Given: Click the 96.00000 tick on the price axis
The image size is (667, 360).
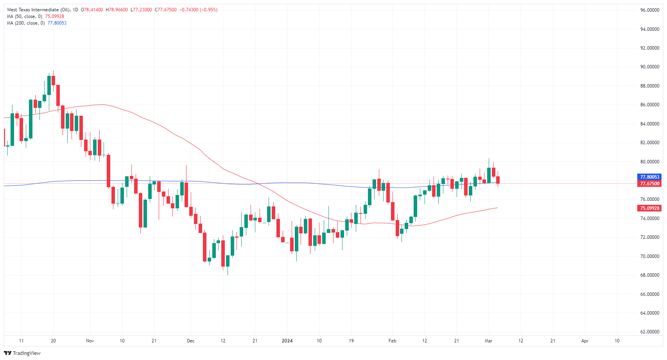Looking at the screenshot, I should [x=649, y=10].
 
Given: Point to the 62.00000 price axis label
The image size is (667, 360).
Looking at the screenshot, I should [x=649, y=332].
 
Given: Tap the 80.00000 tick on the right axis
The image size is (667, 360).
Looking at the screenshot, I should [x=649, y=162].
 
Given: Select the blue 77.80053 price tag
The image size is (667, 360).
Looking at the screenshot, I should [x=649, y=177].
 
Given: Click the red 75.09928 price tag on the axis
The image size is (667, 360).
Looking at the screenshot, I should [x=649, y=208].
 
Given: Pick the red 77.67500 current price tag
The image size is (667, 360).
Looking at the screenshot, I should [x=649, y=184].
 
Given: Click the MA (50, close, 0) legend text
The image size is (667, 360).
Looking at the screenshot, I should [x=24, y=16].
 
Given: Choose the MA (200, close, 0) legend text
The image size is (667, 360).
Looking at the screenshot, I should [x=25, y=23].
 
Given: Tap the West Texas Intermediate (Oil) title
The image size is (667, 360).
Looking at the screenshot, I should [x=38, y=10].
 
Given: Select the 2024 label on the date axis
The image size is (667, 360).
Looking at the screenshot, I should [x=287, y=341].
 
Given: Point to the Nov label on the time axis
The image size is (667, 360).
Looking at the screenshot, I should [x=90, y=341].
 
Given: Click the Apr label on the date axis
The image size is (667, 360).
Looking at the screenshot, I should [x=585, y=341].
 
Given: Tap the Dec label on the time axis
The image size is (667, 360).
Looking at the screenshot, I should [x=191, y=341].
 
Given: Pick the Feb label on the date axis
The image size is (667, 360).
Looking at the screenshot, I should [x=393, y=341].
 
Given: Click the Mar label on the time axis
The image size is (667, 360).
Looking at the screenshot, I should [x=489, y=341].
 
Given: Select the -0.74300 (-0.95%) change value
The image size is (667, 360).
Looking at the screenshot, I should [x=198, y=10].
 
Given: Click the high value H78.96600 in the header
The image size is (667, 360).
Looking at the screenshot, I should [x=117, y=10].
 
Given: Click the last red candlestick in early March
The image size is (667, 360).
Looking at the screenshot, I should [x=498, y=180].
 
